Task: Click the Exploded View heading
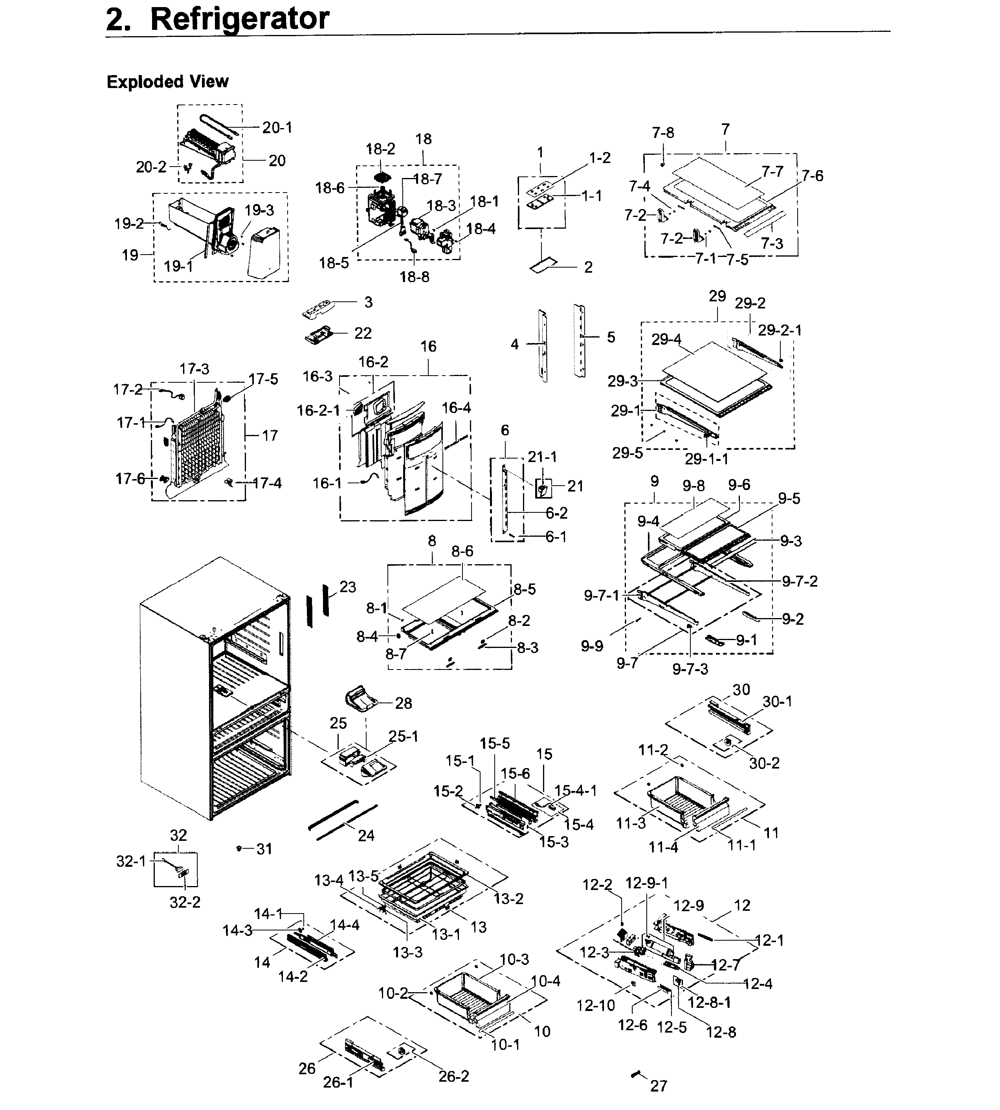[167, 82]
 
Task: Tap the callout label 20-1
[277, 127]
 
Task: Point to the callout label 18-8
[414, 277]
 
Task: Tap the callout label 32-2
[185, 902]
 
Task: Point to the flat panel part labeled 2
[544, 266]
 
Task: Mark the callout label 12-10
[596, 1005]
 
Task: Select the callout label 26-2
[454, 1076]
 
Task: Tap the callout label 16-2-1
[318, 411]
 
